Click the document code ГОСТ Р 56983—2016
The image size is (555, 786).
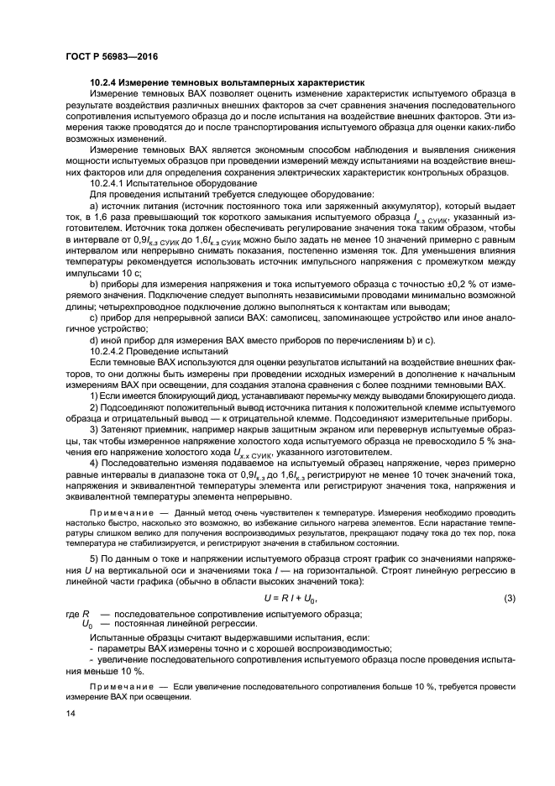coord(112,55)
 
